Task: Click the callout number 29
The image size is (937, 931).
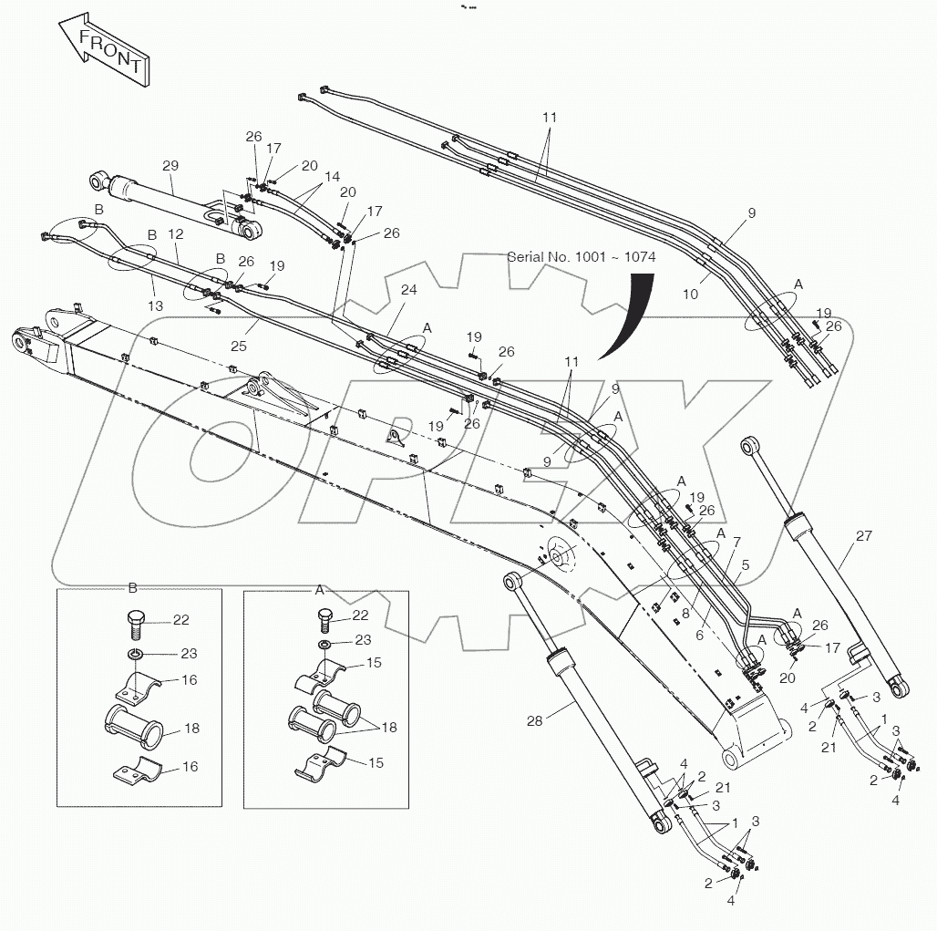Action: click(x=170, y=166)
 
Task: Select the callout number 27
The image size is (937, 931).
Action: click(x=863, y=536)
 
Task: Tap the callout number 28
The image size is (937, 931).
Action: click(x=534, y=720)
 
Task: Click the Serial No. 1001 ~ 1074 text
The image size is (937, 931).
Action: click(x=581, y=257)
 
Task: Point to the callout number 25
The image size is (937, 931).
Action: click(x=239, y=346)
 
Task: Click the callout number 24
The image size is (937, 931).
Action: click(x=408, y=291)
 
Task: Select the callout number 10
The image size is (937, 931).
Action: click(x=690, y=295)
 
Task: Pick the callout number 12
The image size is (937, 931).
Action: click(x=176, y=233)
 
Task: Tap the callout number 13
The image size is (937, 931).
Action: click(x=156, y=306)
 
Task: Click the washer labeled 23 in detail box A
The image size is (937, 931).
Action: click(x=325, y=645)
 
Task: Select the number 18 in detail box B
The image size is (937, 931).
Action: click(x=191, y=729)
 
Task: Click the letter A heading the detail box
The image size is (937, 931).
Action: click(x=320, y=590)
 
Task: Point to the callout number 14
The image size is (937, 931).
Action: click(x=332, y=175)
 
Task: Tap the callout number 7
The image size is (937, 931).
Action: click(x=736, y=542)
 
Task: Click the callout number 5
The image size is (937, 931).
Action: click(x=745, y=564)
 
